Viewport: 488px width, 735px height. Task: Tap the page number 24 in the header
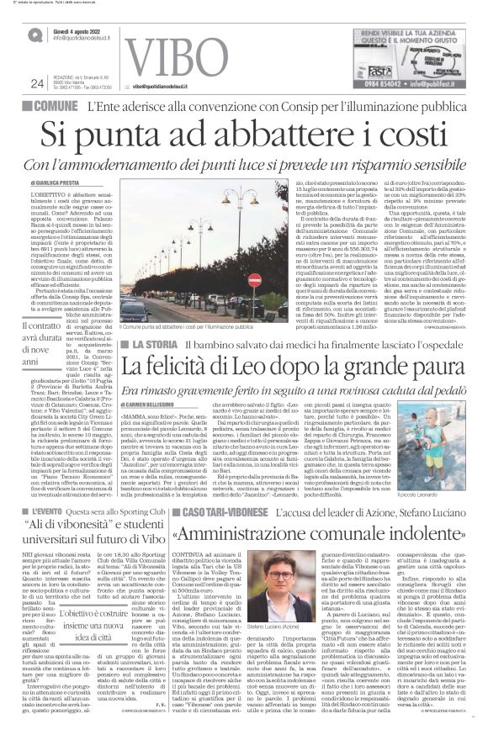coord(36,82)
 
